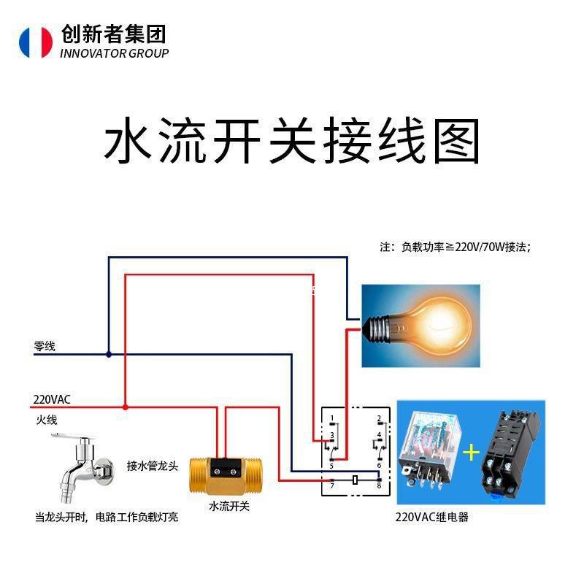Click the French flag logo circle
point(36,42)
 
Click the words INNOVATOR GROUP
point(114,53)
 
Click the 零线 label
point(45,347)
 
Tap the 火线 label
point(46,420)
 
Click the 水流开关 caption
point(229,506)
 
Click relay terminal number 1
point(332,419)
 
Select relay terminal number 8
point(380,485)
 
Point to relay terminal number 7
point(332,485)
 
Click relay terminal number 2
point(380,419)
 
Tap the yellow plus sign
point(471,453)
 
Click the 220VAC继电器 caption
point(431,518)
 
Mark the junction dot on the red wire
point(126,407)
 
